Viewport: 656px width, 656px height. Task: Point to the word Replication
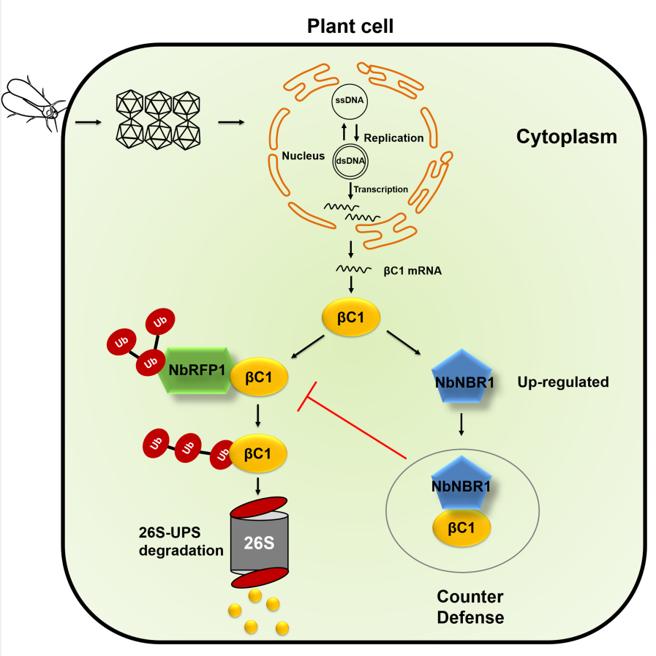click(x=393, y=137)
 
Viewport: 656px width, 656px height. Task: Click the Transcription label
click(x=381, y=189)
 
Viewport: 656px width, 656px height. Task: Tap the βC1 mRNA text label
click(x=413, y=270)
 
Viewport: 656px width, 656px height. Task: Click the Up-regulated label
click(x=563, y=382)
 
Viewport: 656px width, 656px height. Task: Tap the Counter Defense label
click(x=470, y=607)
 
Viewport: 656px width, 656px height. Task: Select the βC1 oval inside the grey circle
click(x=461, y=527)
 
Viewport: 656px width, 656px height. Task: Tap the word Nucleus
click(x=303, y=156)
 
